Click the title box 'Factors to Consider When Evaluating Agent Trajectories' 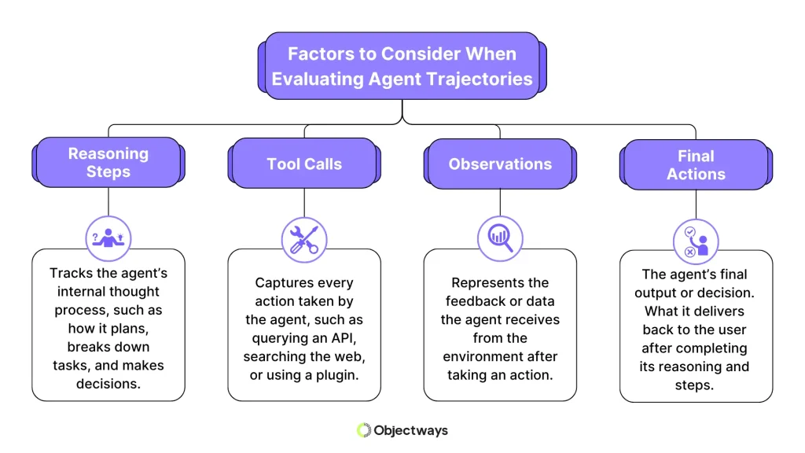pyautogui.click(x=402, y=67)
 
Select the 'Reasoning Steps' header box pyautogui.click(x=108, y=163)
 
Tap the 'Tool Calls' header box pyautogui.click(x=304, y=164)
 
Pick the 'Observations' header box pyautogui.click(x=500, y=164)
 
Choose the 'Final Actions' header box pyautogui.click(x=696, y=164)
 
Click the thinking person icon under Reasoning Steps pyautogui.click(x=108, y=236)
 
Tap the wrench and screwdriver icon pyautogui.click(x=304, y=238)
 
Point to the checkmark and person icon pyautogui.click(x=696, y=241)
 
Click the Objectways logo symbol pyautogui.click(x=363, y=430)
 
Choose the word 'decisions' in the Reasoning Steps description pyautogui.click(x=108, y=384)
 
